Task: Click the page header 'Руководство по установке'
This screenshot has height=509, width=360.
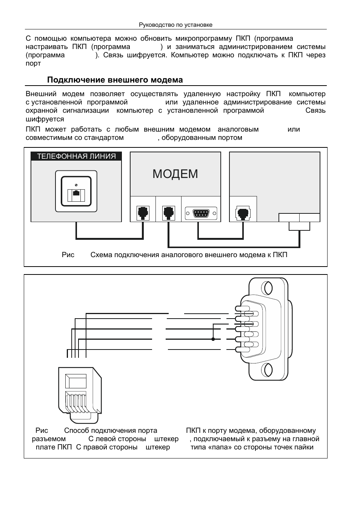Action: (175, 25)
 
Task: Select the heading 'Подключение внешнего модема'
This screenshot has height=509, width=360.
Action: (115, 80)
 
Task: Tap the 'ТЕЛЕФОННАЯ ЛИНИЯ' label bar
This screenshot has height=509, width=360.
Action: (76, 156)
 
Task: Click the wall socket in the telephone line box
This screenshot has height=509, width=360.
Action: (76, 192)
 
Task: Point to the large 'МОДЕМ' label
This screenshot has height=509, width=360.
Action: (175, 174)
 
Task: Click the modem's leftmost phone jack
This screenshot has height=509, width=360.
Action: (143, 213)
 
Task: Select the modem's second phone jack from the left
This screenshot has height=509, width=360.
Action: (168, 213)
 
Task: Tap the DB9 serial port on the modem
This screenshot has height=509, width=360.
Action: (201, 213)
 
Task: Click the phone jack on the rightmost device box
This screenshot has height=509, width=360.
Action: (243, 213)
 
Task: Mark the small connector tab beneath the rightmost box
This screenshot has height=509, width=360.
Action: (299, 226)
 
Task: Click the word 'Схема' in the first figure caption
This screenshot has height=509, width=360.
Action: (101, 255)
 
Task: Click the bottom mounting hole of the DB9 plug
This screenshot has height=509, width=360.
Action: (268, 370)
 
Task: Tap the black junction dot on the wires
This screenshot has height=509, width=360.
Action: (213, 339)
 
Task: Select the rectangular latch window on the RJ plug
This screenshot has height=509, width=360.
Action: (76, 381)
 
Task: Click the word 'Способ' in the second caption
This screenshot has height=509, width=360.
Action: (77, 431)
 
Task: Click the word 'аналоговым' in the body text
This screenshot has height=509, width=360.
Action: (238, 129)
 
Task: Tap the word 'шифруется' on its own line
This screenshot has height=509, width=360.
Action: (45, 119)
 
